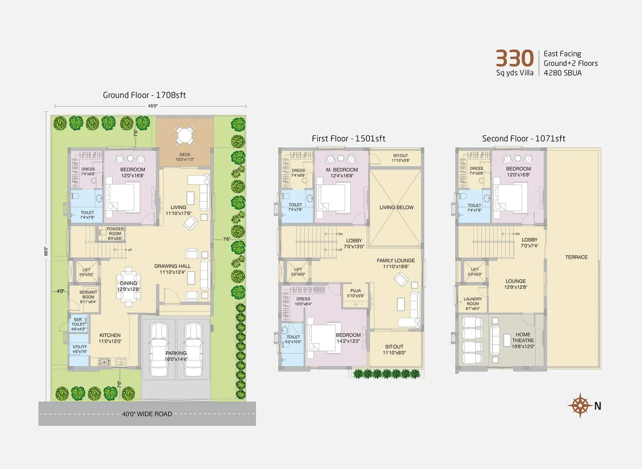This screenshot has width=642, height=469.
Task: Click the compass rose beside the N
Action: [x=580, y=406]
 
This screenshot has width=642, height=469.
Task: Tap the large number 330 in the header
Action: [x=514, y=59]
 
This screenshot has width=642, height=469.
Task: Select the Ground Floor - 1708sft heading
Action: [x=144, y=95]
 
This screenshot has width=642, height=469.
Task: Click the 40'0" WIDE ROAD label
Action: [x=147, y=414]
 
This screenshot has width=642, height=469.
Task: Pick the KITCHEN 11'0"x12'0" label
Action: [x=110, y=338]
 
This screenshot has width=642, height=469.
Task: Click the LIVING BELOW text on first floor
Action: [x=396, y=207]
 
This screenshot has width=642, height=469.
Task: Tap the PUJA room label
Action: [x=356, y=293]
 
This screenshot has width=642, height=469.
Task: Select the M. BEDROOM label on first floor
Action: [x=342, y=173]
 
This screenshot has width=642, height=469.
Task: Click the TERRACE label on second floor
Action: [x=576, y=257]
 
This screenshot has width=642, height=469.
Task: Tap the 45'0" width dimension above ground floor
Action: [x=152, y=106]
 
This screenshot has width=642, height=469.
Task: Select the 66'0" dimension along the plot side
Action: [x=46, y=251]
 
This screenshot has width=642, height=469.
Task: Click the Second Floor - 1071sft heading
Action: [x=523, y=138]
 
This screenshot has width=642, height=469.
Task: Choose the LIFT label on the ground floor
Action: [x=86, y=272]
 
